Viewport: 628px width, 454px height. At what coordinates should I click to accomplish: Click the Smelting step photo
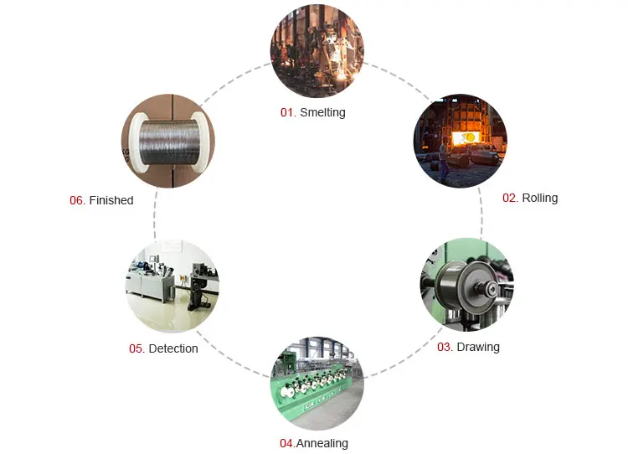coord(317,50)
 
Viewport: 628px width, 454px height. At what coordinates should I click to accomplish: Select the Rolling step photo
coord(460,140)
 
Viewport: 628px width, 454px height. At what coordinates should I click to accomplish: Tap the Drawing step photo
coord(466,285)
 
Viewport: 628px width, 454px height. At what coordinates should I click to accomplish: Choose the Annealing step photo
coord(317,384)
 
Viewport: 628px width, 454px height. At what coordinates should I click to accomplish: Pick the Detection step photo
coord(172,286)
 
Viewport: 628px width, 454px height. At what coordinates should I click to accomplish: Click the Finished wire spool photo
coord(168,141)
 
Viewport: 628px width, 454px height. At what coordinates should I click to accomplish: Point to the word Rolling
coord(539,199)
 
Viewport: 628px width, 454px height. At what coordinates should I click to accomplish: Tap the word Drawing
coord(478,347)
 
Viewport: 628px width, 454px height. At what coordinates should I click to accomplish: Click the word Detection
coord(173,348)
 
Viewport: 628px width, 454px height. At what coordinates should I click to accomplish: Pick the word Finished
coord(111,201)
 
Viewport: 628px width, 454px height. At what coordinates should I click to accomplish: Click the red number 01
coord(287,112)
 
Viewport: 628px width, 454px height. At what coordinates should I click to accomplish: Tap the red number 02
coord(509,199)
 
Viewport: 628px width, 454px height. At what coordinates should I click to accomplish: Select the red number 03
coord(445,347)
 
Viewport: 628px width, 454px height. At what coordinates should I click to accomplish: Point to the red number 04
coord(286,443)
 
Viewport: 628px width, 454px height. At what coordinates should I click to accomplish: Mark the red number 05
coord(136,348)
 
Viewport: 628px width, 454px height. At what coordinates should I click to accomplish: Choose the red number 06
coord(76,201)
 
